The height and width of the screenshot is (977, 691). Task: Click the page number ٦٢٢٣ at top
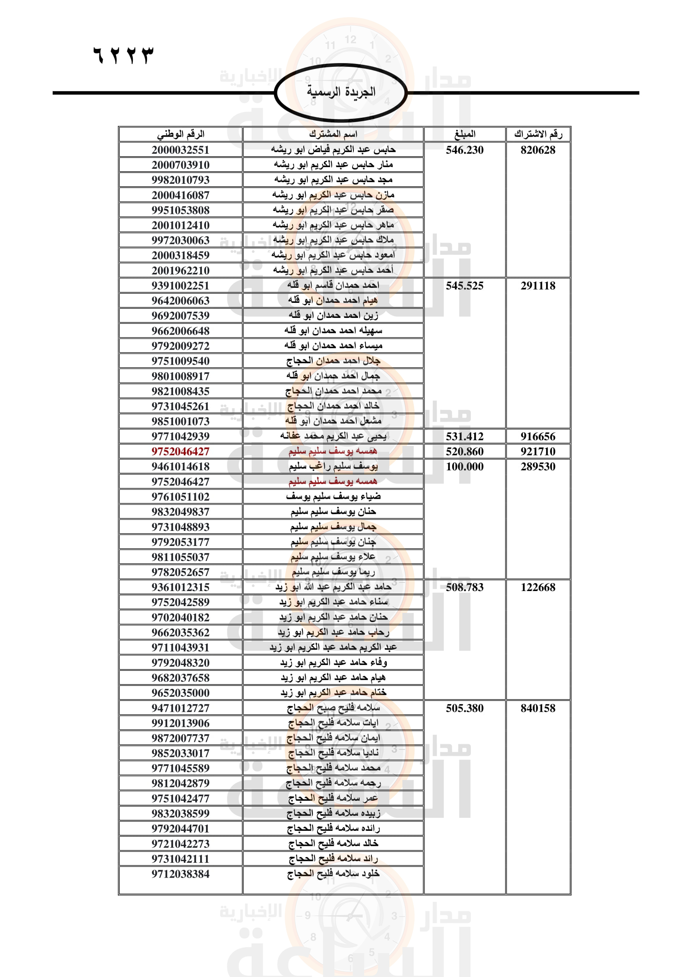pos(123,55)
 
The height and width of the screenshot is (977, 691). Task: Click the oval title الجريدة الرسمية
pos(341,92)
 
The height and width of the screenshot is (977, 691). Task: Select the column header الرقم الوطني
pos(180,134)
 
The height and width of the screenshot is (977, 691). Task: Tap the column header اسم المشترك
pos(333,134)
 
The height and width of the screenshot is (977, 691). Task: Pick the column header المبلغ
pos(465,134)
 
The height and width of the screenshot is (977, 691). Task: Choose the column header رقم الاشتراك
pos(538,134)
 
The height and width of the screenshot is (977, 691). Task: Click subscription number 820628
pos(538,150)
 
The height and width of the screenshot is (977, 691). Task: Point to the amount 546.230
pos(465,150)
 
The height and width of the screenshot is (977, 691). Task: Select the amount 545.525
pos(465,286)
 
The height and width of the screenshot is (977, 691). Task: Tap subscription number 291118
pos(538,286)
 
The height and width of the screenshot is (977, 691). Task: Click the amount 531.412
pos(465,436)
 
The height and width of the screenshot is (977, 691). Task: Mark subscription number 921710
pos(538,452)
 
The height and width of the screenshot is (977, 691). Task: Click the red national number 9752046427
pos(180,452)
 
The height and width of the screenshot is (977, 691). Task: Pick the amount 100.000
pos(465,467)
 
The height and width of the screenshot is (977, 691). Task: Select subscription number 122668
pos(538,587)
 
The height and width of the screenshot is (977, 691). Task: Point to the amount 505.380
pos(465,708)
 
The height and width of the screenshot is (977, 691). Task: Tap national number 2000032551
pos(180,150)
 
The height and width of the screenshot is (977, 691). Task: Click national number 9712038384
pos(180,874)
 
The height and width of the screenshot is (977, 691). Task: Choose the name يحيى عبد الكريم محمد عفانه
pos(333,436)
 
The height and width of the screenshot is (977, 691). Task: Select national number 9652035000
pos(180,693)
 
